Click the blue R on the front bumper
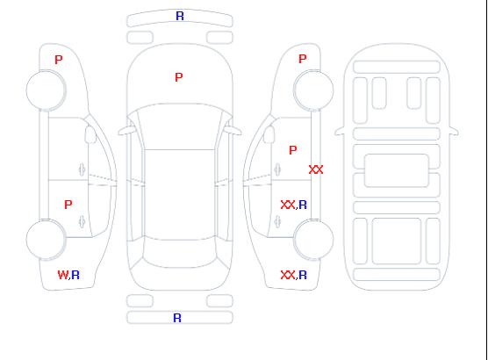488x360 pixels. point(180,16)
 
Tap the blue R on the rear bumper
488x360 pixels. point(177,318)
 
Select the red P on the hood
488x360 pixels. point(179,77)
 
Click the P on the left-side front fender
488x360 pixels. point(59,60)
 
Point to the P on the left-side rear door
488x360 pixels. point(68,205)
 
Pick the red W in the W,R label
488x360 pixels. point(62,275)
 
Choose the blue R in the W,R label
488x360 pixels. point(75,275)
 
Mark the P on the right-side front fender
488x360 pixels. point(303,59)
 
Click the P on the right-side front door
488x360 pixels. point(293,150)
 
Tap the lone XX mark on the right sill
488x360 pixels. point(316,169)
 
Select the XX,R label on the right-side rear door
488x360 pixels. point(294,205)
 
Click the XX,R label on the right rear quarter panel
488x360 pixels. point(294,275)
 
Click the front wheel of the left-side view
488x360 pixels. point(46,90)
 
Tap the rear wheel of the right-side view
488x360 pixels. point(313,240)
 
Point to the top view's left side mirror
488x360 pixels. point(126,131)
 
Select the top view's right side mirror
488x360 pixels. point(233,131)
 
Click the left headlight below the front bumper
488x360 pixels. point(140,38)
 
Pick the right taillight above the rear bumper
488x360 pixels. point(219,301)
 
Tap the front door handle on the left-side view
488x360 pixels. point(82,169)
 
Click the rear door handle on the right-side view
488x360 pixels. point(277,222)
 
